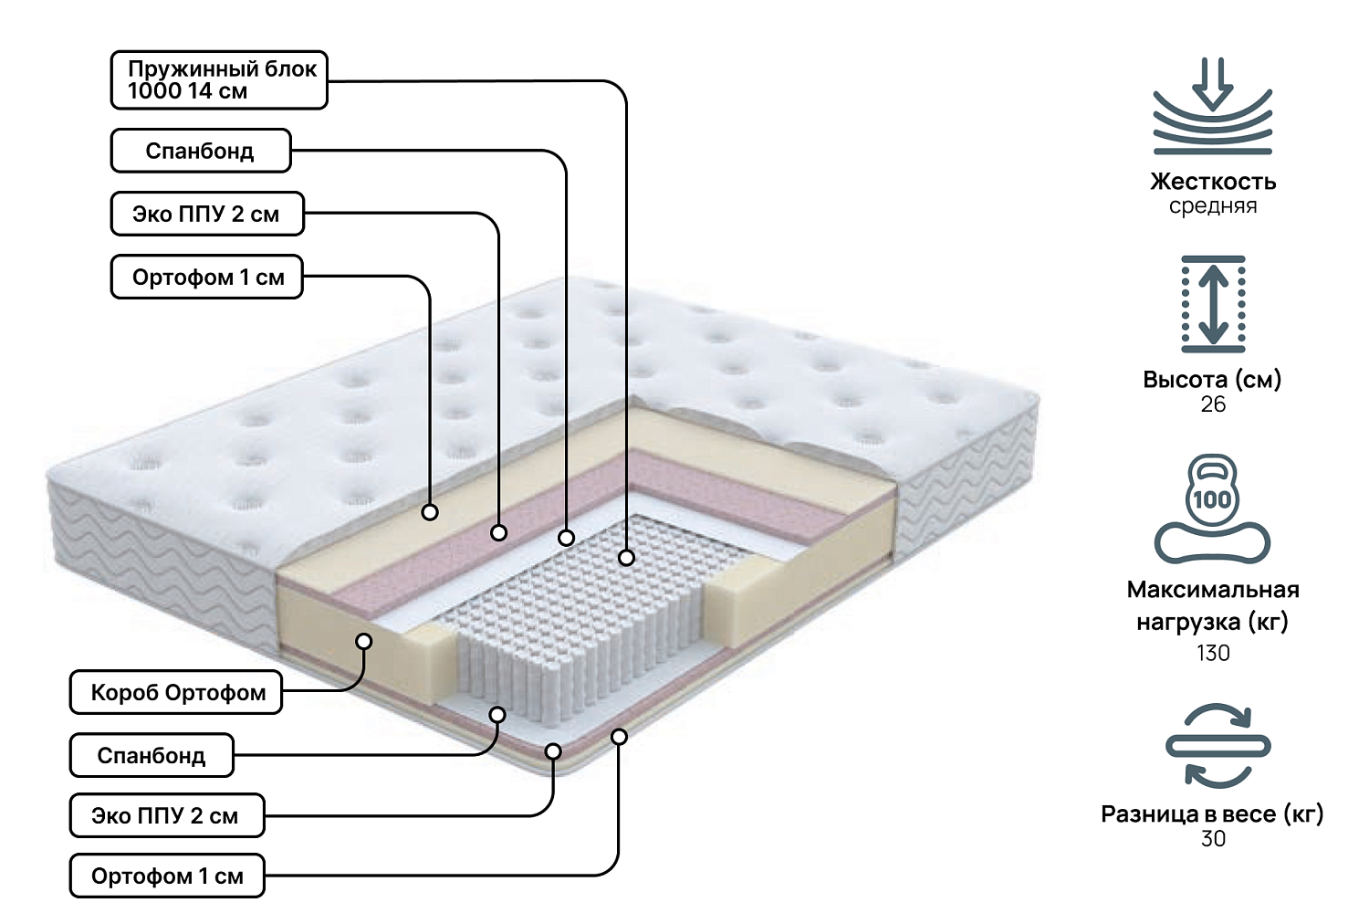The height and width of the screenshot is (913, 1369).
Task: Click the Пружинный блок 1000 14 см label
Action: tap(219, 80)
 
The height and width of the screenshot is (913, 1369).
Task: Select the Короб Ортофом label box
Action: tap(176, 693)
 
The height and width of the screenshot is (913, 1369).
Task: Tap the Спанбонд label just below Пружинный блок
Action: tap(201, 151)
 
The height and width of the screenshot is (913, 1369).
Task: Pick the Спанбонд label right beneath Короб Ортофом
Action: tap(152, 756)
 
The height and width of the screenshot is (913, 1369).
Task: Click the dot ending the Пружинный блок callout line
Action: tap(626, 557)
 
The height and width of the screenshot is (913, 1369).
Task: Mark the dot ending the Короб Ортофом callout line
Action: tap(363, 642)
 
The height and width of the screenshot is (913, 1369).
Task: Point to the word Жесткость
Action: tap(1212, 182)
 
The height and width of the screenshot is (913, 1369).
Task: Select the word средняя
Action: tap(1212, 206)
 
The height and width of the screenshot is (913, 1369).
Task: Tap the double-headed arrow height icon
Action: tap(1213, 304)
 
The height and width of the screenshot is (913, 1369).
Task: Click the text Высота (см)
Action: tap(1212, 380)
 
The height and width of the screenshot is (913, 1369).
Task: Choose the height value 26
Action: tap(1213, 404)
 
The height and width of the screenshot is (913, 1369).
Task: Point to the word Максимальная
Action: tap(1212, 590)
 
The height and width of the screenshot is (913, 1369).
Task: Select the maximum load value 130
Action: tap(1213, 653)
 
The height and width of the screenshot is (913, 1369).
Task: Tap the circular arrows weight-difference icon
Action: tap(1217, 746)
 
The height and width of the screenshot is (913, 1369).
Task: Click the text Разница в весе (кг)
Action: tap(1212, 814)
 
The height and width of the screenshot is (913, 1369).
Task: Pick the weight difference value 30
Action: tap(1213, 839)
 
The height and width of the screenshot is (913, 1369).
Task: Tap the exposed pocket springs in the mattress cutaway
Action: tap(584, 612)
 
